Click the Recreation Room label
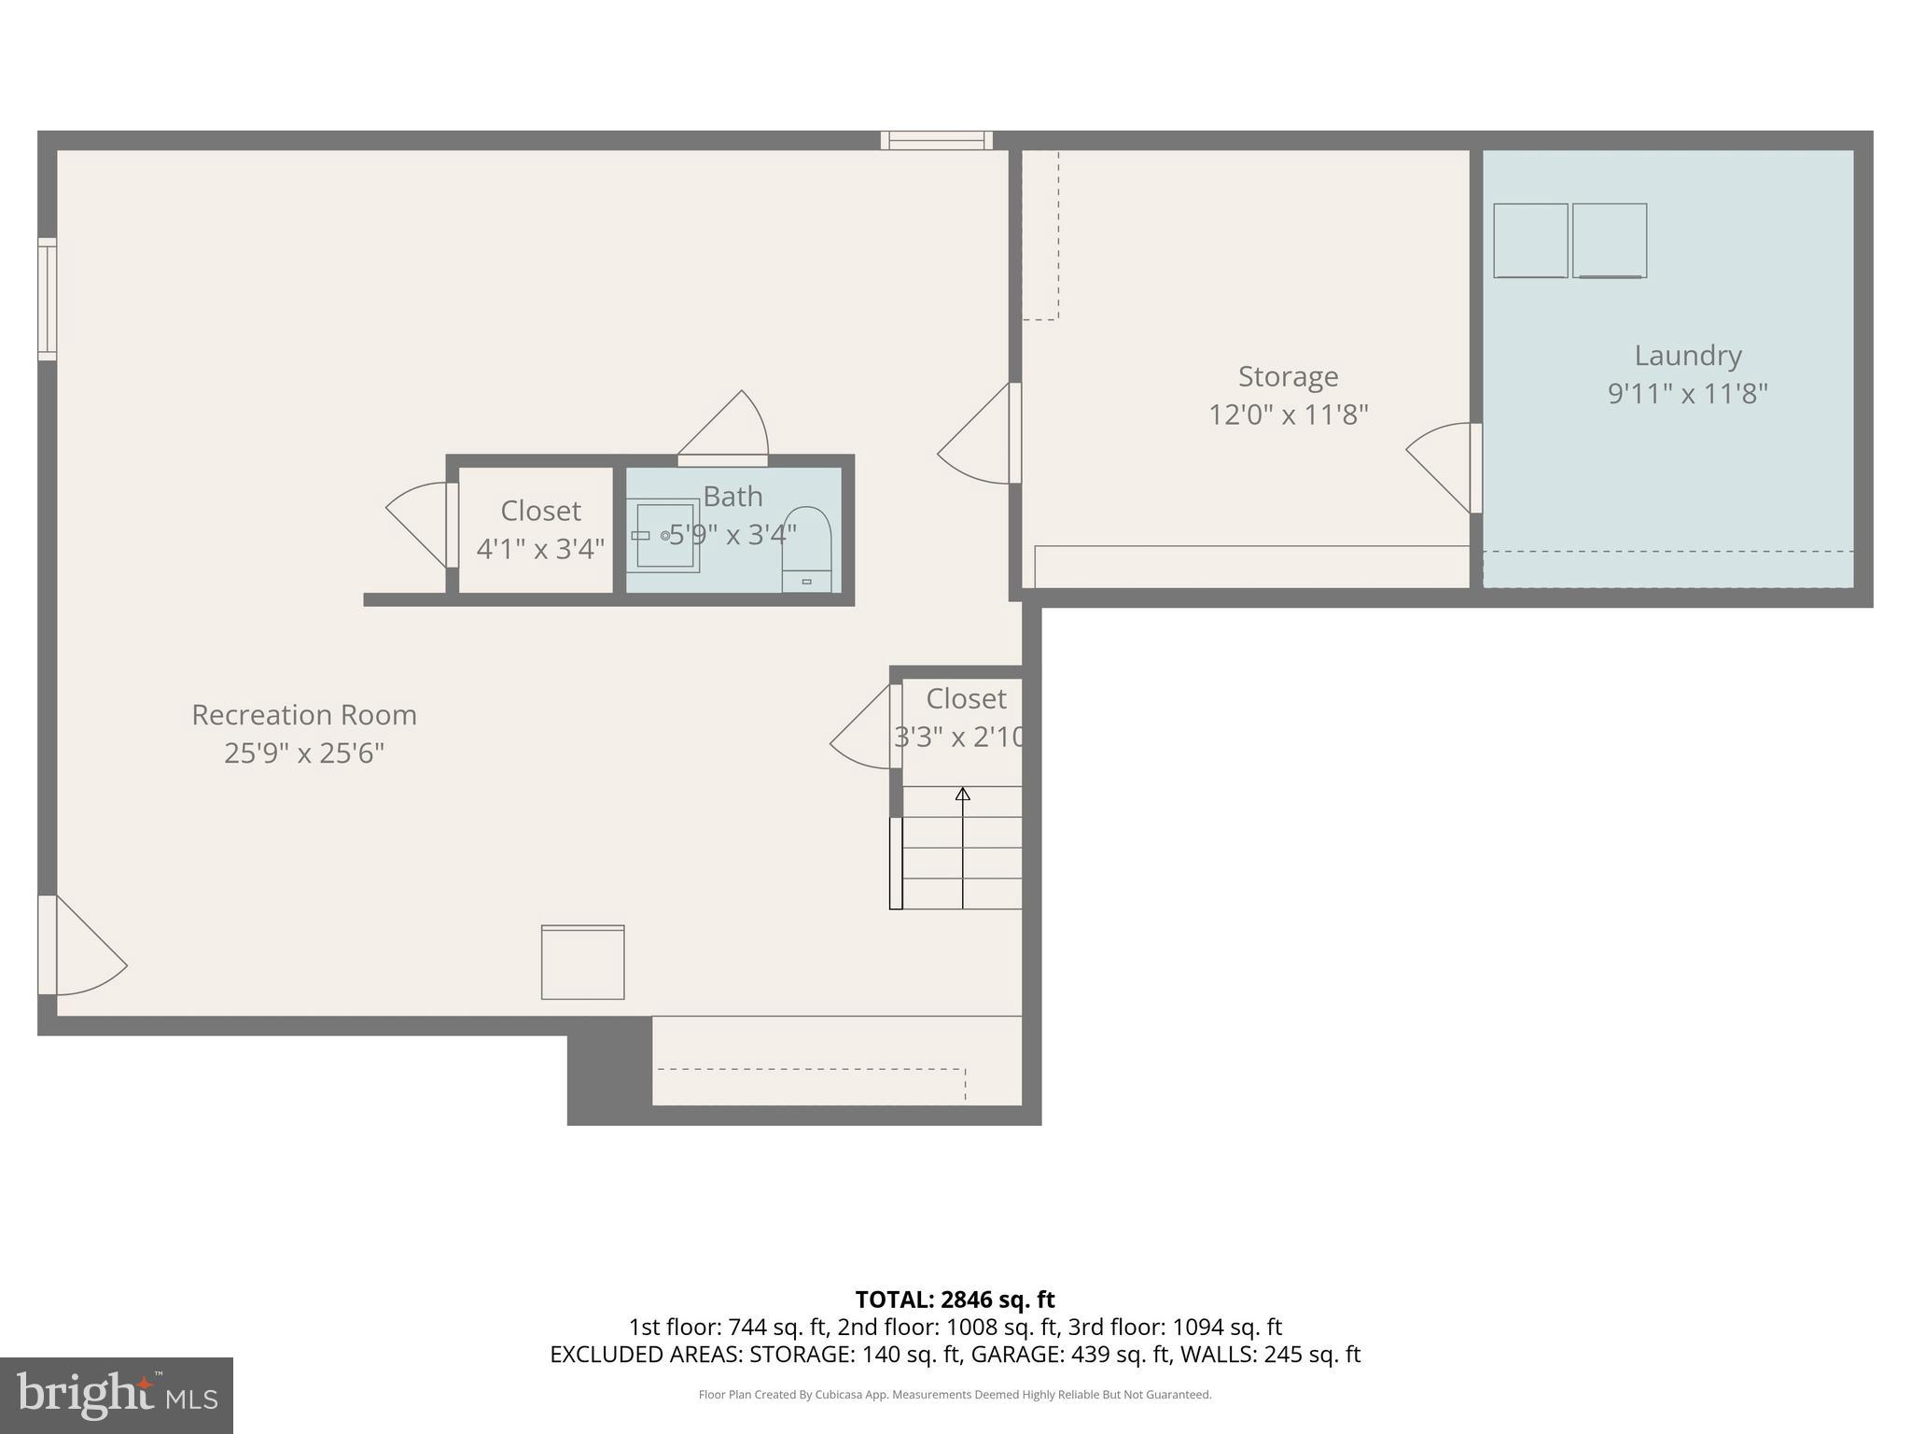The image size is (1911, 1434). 304,715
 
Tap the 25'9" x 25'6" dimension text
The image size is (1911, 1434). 304,753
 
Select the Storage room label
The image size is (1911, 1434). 1288,376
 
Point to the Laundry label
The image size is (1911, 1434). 1687,356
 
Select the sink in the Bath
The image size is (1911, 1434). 665,536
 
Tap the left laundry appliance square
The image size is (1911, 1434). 1530,241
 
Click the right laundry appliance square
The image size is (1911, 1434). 1609,241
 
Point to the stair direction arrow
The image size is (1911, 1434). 963,794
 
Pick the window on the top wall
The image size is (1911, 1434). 936,140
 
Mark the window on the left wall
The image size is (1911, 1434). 47,299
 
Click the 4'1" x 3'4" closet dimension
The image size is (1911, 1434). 540,549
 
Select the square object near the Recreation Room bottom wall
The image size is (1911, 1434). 582,962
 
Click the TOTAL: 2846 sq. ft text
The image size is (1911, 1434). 955,1300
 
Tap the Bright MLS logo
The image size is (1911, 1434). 116,1395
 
